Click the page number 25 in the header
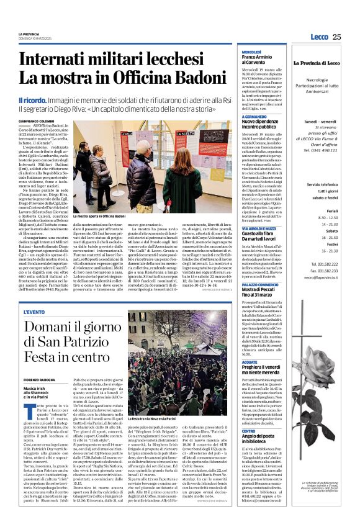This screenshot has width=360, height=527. (336, 37)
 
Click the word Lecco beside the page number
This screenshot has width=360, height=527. (319, 37)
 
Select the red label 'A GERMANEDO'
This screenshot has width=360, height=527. (255, 117)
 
